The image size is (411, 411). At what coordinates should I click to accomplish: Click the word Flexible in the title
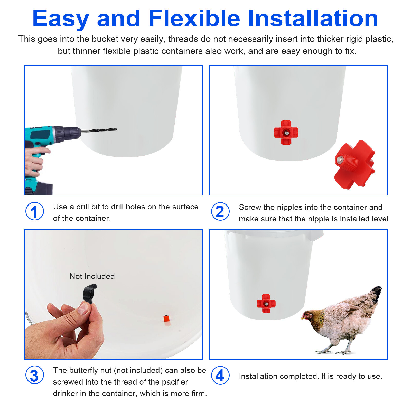point(194,18)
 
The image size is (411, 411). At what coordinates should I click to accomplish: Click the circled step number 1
point(35,211)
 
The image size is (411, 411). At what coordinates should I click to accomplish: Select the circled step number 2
point(220,211)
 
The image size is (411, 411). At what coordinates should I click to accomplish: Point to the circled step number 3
point(35,375)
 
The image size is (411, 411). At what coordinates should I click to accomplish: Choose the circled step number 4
point(220,375)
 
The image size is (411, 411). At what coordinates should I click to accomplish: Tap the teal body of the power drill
point(39,135)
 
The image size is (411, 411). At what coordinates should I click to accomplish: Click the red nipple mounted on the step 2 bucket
point(286,133)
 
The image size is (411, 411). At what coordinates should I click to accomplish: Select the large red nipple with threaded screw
point(354,164)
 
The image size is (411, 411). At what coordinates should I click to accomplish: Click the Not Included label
point(92,276)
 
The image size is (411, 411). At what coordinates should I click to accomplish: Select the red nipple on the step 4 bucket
point(266,304)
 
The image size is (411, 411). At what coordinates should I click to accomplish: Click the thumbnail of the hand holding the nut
point(83,308)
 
